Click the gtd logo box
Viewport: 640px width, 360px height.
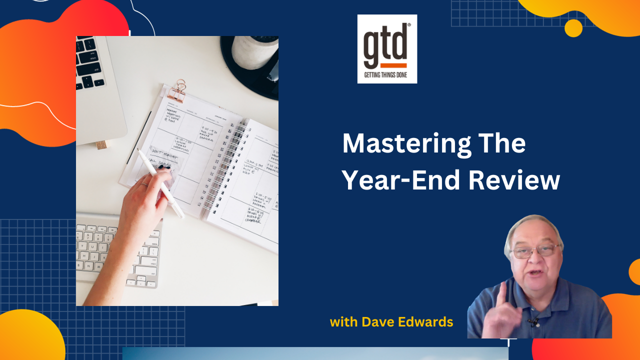[x=387, y=48]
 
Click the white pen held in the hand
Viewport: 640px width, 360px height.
[x=160, y=182]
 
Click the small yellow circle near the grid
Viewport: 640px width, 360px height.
[x=573, y=28]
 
